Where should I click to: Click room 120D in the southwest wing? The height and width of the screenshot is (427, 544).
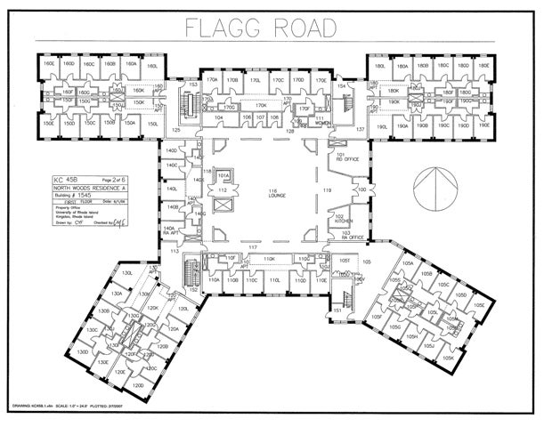(x=139, y=386)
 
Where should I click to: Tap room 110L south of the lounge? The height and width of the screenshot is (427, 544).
(x=275, y=280)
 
